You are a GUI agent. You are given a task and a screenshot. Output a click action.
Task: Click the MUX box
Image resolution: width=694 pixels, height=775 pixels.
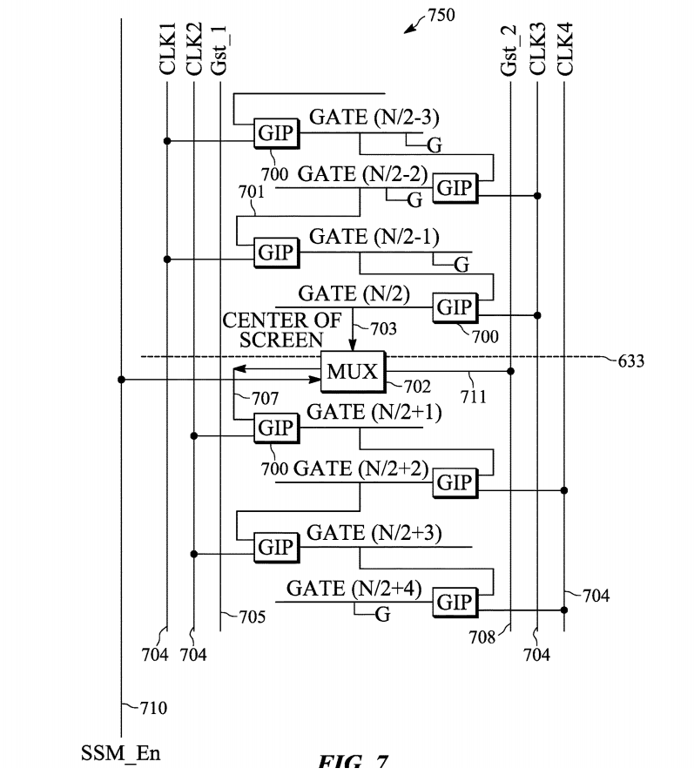[x=353, y=372]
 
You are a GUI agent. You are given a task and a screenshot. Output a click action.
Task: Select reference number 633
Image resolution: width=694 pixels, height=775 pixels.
[x=630, y=361]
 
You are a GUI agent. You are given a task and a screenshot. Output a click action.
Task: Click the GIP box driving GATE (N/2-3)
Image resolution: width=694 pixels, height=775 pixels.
[x=275, y=133]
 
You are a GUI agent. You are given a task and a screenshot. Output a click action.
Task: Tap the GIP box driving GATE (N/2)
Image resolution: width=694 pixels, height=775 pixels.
[x=455, y=307]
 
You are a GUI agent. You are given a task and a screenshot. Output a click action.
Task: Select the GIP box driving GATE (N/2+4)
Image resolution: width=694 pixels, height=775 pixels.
[x=455, y=603]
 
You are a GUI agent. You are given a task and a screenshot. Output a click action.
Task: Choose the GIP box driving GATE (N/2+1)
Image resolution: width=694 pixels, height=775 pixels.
[x=275, y=428]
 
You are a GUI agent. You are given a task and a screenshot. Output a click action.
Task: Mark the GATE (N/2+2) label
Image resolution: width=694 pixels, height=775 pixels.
[x=360, y=468]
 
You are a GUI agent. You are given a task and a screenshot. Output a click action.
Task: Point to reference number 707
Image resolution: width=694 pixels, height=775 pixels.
[x=266, y=398]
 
